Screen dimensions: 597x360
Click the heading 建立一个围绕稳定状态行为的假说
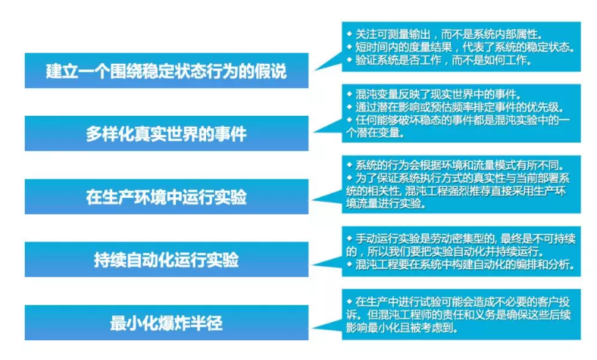click(x=166, y=72)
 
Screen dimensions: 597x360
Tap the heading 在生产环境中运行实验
click(x=166, y=197)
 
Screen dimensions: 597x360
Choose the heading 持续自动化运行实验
click(x=166, y=260)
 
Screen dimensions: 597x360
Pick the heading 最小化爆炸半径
click(x=166, y=323)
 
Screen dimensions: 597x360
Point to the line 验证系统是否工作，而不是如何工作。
click(x=443, y=61)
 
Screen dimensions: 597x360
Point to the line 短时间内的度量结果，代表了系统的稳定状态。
click(x=464, y=48)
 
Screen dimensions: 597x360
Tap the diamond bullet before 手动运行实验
click(x=349, y=238)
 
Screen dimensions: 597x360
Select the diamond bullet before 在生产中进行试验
click(x=349, y=301)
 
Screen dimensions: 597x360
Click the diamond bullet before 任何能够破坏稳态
click(x=349, y=120)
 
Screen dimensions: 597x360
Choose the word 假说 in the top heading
click(x=270, y=72)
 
